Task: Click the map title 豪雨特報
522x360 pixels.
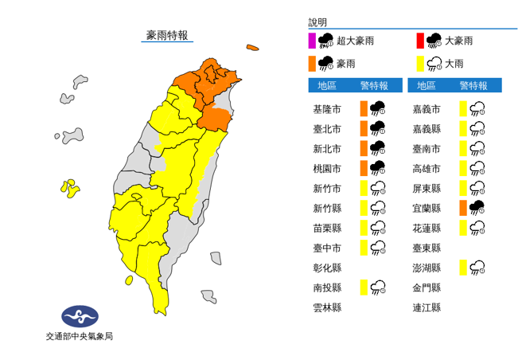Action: pyautogui.click(x=167, y=35)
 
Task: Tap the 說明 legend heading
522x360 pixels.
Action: pyautogui.click(x=317, y=23)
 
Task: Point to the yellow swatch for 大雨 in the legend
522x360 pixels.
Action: pyautogui.click(x=419, y=63)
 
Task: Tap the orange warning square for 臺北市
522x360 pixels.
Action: pyautogui.click(x=363, y=128)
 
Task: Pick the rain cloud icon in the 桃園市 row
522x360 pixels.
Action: pyautogui.click(x=378, y=168)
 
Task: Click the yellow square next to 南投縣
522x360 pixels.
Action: pyautogui.click(x=363, y=288)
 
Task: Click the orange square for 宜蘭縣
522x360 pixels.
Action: pyautogui.click(x=462, y=208)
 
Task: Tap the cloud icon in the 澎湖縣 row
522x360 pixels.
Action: pyautogui.click(x=477, y=268)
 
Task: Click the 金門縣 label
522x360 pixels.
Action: pyautogui.click(x=427, y=288)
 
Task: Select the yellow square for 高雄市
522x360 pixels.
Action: pyautogui.click(x=462, y=168)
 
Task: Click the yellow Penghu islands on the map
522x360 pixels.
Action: pyautogui.click(x=70, y=190)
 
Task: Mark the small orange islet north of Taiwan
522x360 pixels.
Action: pyautogui.click(x=253, y=49)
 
